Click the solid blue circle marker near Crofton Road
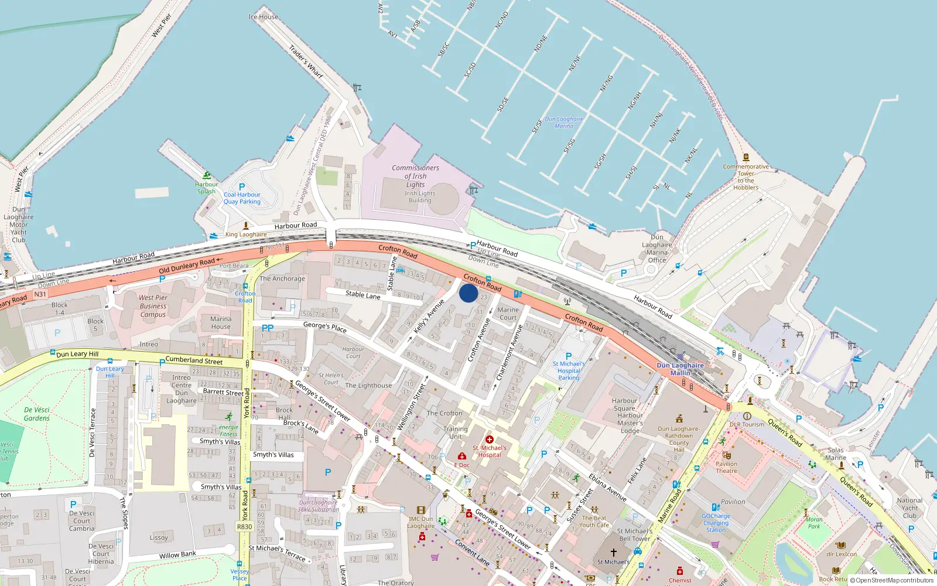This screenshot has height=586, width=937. pyautogui.click(x=468, y=293)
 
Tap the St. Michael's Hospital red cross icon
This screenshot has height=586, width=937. pyautogui.click(x=490, y=439)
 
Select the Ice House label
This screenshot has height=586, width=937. pyautogui.click(x=264, y=17)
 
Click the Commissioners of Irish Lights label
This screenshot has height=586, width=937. pyautogui.click(x=415, y=176)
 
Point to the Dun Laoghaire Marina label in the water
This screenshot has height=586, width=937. pyautogui.click(x=564, y=122)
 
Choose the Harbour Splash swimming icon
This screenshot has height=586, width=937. pyautogui.click(x=207, y=176)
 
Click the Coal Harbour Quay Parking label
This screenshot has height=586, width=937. pyautogui.click(x=242, y=198)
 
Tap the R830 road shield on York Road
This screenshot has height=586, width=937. pyautogui.click(x=244, y=527)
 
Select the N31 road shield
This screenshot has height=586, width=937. pyautogui.click(x=40, y=294)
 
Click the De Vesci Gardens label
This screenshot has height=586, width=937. pyautogui.click(x=37, y=414)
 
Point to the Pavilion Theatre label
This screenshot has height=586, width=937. pyautogui.click(x=726, y=467)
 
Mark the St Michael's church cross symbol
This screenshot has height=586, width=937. pyautogui.click(x=614, y=552)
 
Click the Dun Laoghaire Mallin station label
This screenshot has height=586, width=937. pyautogui.click(x=680, y=369)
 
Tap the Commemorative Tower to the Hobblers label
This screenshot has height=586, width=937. pyautogui.click(x=746, y=177)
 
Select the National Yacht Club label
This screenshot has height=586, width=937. pyautogui.click(x=909, y=508)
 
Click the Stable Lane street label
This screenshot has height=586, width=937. pyautogui.click(x=363, y=295)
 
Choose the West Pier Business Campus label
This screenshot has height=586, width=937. pyautogui.click(x=153, y=306)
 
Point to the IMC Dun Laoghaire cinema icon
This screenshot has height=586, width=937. pyautogui.click(x=420, y=510)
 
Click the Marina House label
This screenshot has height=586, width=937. pyautogui.click(x=221, y=323)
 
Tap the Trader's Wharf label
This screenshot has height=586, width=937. pyautogui.click(x=306, y=62)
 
